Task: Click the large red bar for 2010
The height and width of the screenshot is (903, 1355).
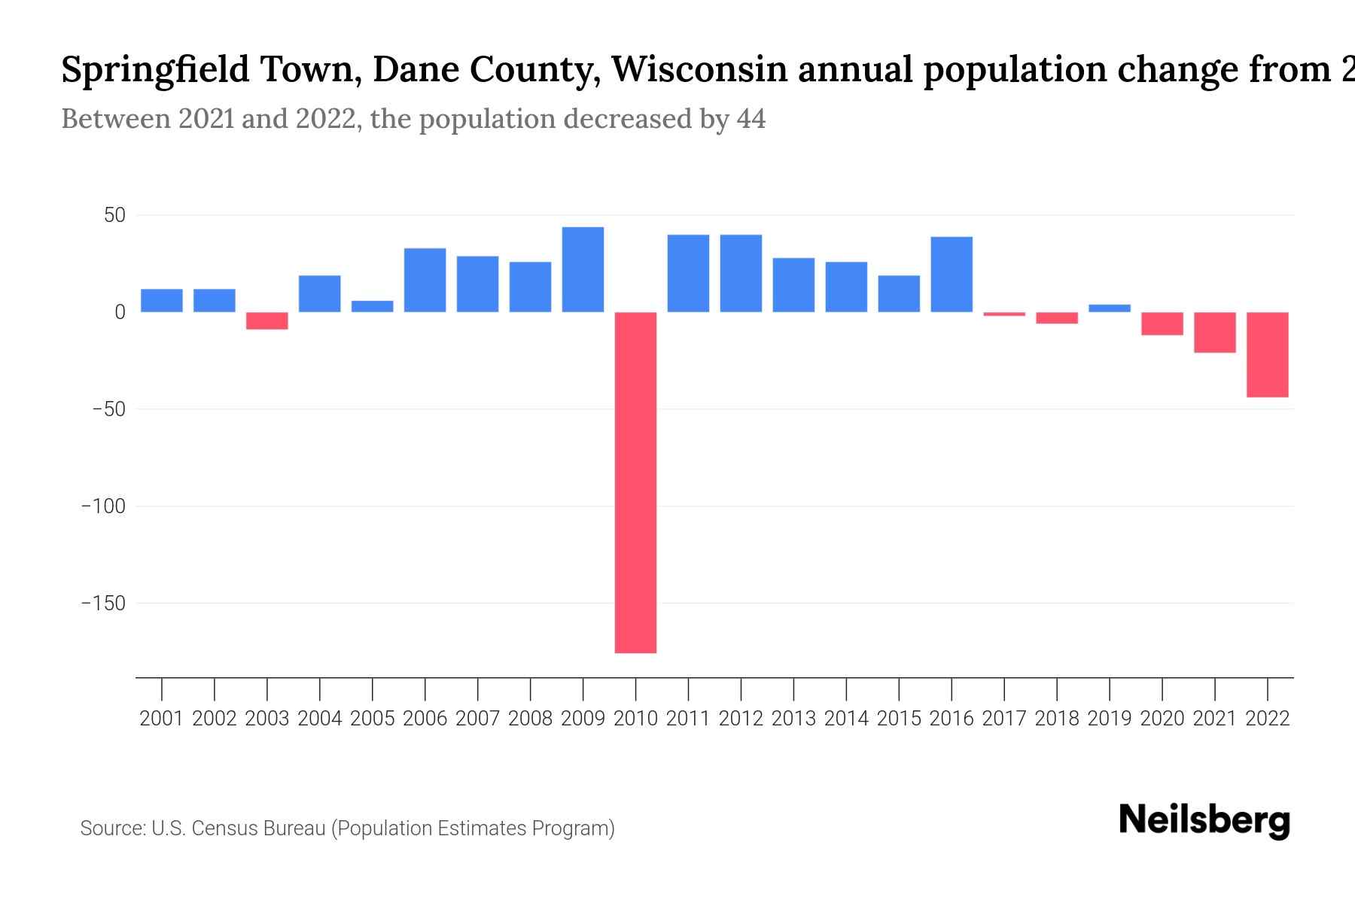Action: (635, 482)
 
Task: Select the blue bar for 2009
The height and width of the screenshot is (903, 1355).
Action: (583, 269)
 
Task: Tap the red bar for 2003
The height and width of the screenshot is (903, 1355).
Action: (267, 321)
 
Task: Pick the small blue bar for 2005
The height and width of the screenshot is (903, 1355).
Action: (372, 306)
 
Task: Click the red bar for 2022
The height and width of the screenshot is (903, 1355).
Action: (1268, 354)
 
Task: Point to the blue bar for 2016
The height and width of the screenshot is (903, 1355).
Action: (952, 275)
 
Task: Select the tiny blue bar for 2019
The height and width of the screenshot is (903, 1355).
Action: (1110, 309)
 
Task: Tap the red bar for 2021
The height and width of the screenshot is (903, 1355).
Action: (1215, 333)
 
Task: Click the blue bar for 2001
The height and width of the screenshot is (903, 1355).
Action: (162, 300)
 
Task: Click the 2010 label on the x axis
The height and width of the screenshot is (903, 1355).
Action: (635, 719)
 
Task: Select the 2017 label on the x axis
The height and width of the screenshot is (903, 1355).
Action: (1004, 719)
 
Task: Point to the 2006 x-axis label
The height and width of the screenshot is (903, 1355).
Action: (425, 719)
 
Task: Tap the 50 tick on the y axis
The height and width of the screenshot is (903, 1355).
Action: (114, 216)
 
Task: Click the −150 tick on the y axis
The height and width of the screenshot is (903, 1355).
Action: (103, 604)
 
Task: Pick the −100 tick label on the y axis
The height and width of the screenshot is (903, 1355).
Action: (103, 506)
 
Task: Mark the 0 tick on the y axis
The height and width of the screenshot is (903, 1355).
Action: (120, 312)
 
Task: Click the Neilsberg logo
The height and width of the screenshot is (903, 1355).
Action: (1204, 820)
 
